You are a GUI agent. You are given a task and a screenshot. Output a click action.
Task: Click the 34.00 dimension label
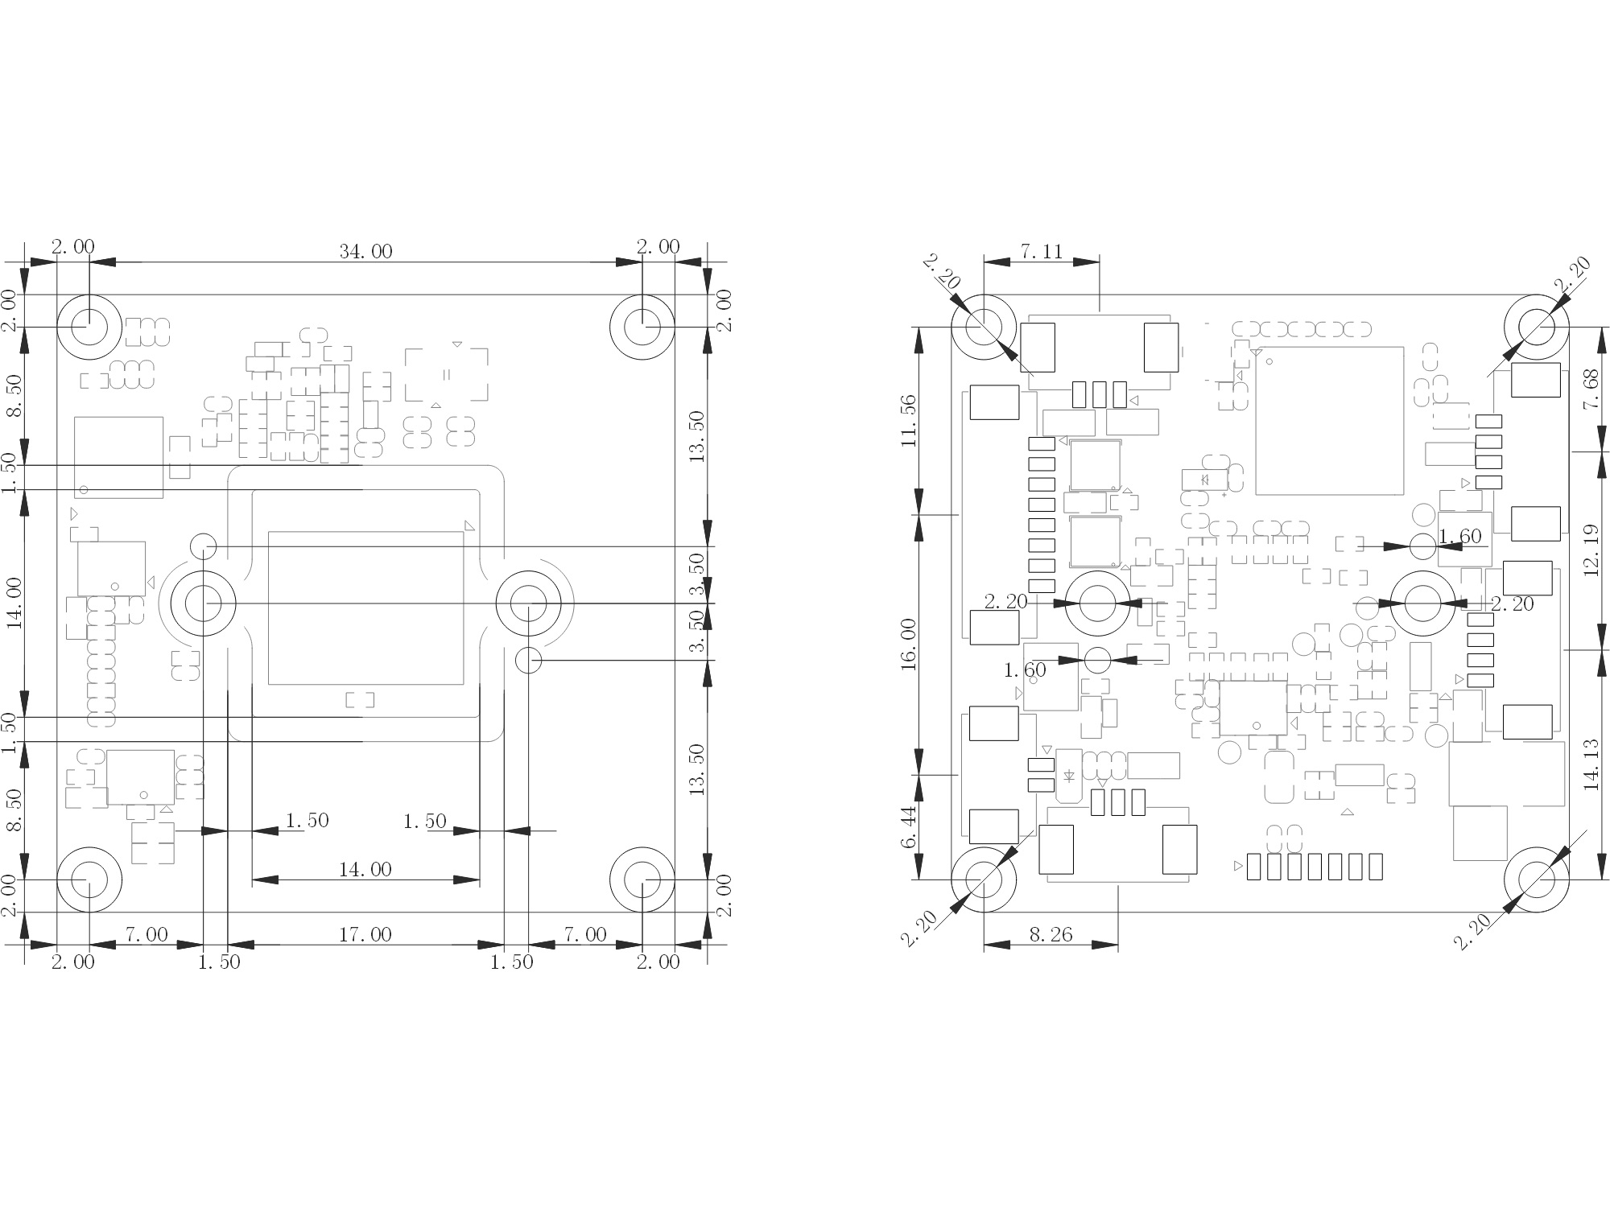tap(365, 252)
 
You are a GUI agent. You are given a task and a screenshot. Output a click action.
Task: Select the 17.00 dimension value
tap(365, 934)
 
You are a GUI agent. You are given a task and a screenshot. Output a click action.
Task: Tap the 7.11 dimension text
tap(1042, 252)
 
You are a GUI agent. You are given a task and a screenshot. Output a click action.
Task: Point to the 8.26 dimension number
tap(1051, 934)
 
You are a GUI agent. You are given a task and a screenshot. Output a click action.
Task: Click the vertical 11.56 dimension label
tap(909, 421)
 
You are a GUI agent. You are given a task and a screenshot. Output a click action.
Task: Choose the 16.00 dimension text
tap(909, 644)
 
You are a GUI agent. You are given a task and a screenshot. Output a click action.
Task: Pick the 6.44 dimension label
tap(909, 827)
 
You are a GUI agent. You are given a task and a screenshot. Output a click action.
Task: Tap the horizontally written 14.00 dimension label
tap(365, 869)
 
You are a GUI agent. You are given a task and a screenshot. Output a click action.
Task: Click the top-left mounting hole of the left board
tap(89, 327)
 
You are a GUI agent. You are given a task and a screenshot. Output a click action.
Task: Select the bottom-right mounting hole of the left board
tap(642, 880)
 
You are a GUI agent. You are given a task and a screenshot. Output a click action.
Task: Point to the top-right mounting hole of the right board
tap(1536, 327)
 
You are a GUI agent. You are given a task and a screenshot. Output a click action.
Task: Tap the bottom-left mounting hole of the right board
tap(983, 880)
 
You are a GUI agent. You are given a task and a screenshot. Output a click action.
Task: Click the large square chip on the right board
tap(1329, 420)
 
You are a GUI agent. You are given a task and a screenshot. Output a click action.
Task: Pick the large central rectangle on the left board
tap(365, 608)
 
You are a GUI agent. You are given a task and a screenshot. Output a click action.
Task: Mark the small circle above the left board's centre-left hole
tap(204, 546)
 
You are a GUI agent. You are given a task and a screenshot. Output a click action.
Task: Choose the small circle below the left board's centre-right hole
tap(528, 661)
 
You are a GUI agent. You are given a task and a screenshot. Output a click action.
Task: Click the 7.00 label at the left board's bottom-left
tap(146, 934)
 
